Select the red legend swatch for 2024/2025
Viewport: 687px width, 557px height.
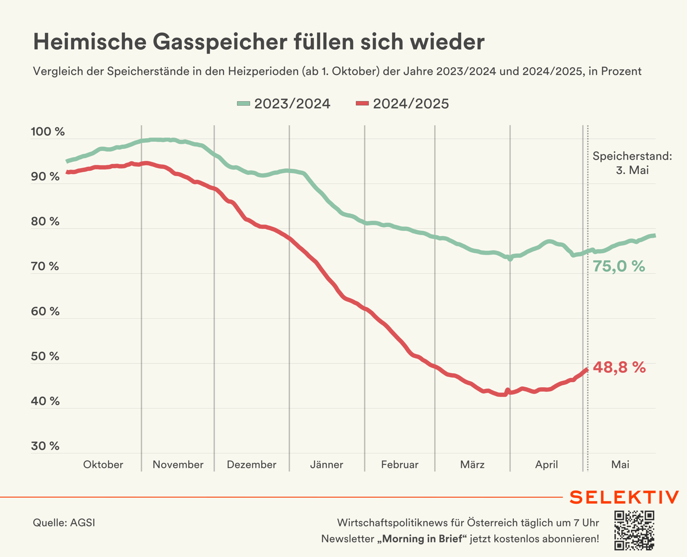(x=362, y=103)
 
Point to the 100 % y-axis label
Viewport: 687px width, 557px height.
(x=47, y=132)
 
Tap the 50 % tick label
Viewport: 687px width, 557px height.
(x=45, y=356)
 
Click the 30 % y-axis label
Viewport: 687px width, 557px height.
(x=45, y=446)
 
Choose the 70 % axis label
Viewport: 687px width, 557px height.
(x=45, y=266)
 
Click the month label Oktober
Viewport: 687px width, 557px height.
(x=103, y=465)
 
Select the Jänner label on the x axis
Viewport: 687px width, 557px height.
(x=326, y=465)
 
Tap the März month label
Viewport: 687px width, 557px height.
(x=472, y=465)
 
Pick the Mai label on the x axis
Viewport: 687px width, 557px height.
(x=620, y=465)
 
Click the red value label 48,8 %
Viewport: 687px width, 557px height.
(x=619, y=367)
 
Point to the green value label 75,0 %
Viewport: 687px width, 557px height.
(x=619, y=266)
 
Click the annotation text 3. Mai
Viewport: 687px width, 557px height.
(x=632, y=170)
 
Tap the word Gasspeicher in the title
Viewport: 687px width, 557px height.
(x=220, y=42)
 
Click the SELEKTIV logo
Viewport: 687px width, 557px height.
(x=624, y=497)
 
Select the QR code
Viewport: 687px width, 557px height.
(x=634, y=530)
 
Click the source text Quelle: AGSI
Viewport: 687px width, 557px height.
(x=64, y=523)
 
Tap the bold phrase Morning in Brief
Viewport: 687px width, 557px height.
(x=422, y=539)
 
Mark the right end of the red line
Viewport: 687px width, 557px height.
(x=587, y=370)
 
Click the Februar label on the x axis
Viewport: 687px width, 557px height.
(x=400, y=465)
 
